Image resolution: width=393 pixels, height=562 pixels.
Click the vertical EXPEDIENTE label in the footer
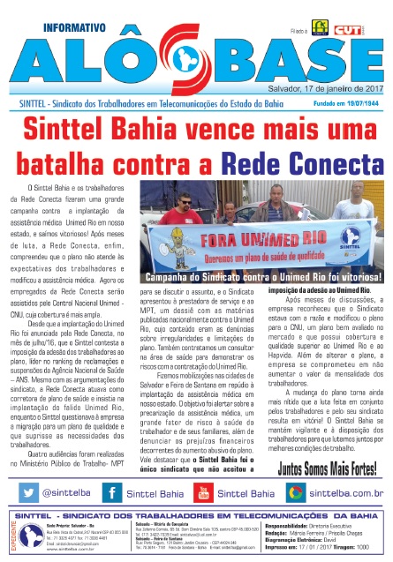coord(9,533)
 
